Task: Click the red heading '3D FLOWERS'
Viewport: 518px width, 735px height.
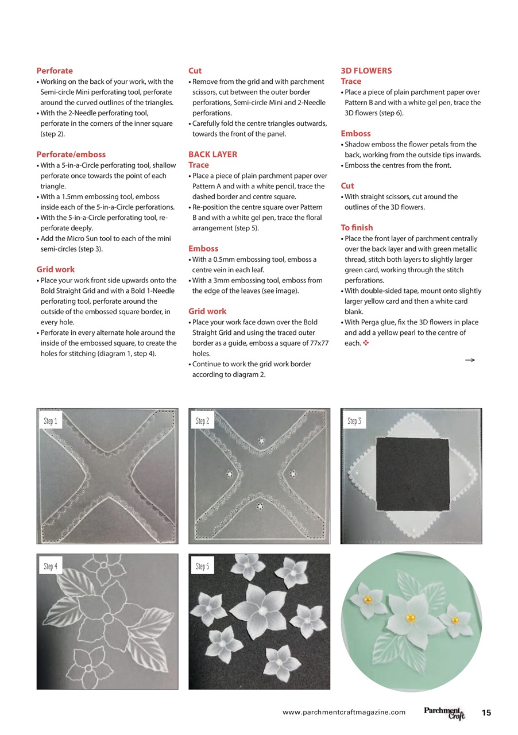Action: (366, 71)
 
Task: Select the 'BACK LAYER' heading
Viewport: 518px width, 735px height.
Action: (212, 154)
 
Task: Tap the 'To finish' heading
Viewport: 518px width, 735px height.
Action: (357, 227)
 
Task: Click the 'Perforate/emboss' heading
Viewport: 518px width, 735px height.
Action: (71, 154)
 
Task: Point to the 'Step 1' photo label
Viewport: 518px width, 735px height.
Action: (51, 421)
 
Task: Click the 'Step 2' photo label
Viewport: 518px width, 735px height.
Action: (202, 421)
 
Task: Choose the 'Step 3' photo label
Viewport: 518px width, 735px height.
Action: (354, 421)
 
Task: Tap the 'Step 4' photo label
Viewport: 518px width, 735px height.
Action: (51, 566)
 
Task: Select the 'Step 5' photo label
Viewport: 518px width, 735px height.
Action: (202, 566)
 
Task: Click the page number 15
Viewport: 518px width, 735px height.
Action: (486, 713)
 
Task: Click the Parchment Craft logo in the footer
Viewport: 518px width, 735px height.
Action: (444, 713)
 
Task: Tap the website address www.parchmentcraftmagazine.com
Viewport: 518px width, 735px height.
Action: (344, 713)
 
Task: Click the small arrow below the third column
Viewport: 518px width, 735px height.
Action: (470, 360)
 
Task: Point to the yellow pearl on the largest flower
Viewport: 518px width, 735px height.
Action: (411, 618)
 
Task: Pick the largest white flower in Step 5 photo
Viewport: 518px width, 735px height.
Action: (260, 610)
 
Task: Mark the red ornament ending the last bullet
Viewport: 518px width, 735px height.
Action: (366, 343)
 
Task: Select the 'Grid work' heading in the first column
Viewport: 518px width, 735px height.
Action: (55, 269)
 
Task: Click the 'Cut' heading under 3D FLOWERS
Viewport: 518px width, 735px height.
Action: (347, 186)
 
